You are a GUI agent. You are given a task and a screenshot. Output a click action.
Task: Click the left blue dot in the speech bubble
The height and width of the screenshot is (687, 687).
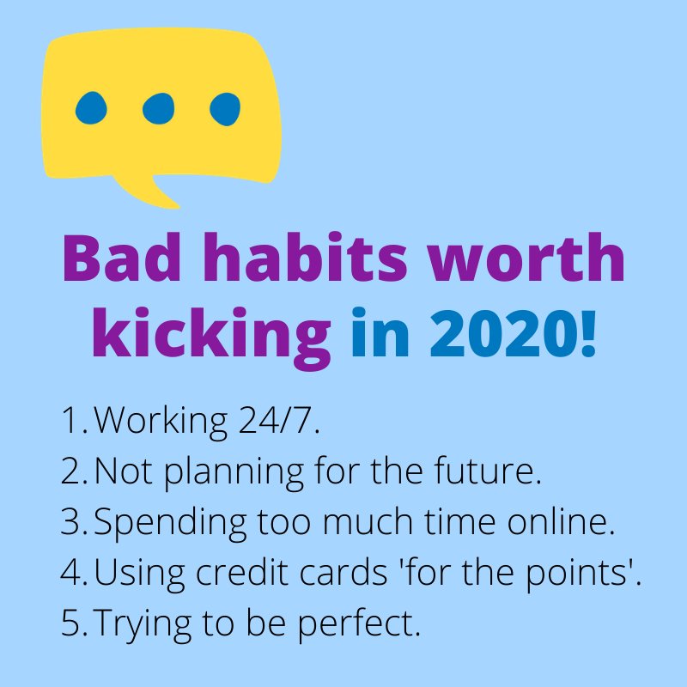91,108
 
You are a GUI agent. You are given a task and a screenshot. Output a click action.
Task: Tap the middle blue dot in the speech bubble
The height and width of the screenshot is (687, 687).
158,108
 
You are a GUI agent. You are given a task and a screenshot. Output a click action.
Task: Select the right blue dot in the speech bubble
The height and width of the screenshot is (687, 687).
225,109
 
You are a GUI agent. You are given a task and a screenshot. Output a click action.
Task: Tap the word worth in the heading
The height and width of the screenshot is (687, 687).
526,257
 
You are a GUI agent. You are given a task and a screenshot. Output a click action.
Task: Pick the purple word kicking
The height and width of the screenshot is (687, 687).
211,338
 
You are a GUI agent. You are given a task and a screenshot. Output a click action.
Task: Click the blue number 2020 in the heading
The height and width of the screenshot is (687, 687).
502,334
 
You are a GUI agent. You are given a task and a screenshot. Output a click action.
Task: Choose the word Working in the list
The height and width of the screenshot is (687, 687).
161,423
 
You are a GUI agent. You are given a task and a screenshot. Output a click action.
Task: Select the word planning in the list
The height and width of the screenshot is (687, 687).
234,473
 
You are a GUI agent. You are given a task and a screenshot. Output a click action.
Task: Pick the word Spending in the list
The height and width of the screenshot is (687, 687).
170,524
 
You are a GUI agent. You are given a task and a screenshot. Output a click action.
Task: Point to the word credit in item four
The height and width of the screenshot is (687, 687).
242,572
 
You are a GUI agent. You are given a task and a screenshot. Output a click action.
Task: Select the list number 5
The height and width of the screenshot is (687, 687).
70,623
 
